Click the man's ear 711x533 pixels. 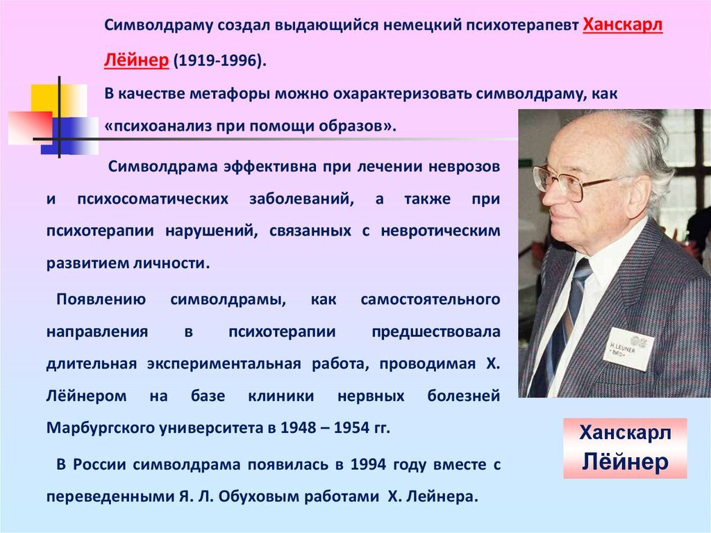[633, 196]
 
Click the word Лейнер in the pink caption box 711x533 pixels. [625, 461]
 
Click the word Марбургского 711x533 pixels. [93, 428]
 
